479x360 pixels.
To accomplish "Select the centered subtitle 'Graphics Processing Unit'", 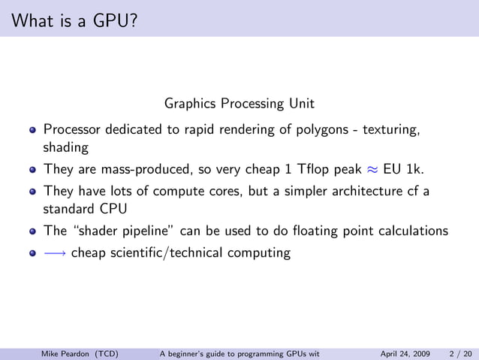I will coord(239,102).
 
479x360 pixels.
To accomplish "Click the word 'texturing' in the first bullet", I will coord(390,130).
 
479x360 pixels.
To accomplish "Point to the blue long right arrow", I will coord(55,253).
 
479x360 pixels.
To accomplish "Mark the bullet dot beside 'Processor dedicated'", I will coord(32,130).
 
